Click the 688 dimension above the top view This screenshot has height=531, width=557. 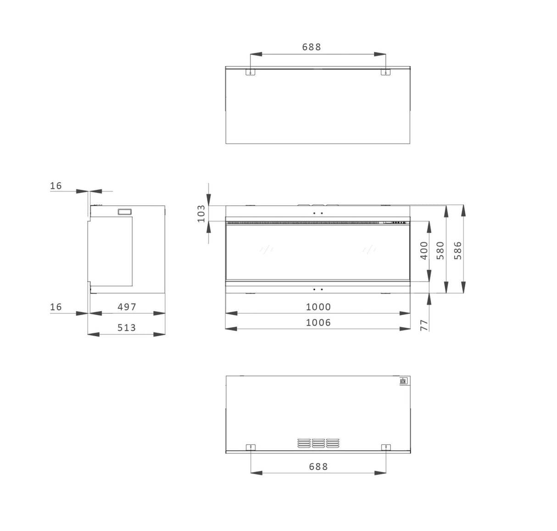pos(312,47)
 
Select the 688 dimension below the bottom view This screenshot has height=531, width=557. pos(318,467)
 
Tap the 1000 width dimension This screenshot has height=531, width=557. pos(318,307)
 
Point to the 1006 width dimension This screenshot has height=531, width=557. pos(318,322)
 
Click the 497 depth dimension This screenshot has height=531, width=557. pos(127,307)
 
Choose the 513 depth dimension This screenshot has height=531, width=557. pos(127,328)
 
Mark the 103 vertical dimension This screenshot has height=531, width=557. pos(201,214)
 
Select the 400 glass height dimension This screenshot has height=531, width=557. pos(424,250)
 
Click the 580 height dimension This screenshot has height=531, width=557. pos(440,250)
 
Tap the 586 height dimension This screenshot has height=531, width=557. pos(458,250)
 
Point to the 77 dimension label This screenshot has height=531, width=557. pos(424,325)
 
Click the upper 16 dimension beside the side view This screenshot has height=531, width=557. pos(56,186)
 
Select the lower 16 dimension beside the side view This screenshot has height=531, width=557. pos(56,307)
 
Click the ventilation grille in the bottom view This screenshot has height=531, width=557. pos(318,443)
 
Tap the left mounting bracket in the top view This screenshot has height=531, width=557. pos(250,72)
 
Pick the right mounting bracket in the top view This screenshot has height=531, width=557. pos(386,72)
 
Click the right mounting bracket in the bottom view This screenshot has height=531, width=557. pos(386,447)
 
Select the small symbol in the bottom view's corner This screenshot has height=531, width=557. pos(403,381)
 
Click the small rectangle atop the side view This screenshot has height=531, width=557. pos(125,212)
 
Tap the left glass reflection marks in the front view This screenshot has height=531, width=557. pos(266,249)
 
